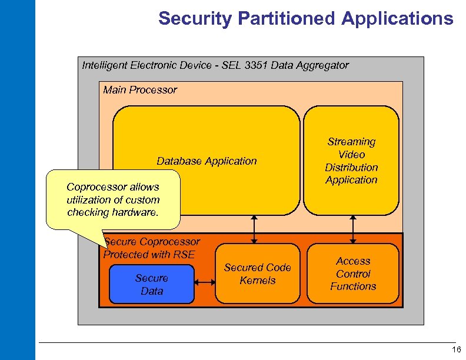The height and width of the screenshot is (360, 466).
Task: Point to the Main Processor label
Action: pos(140,90)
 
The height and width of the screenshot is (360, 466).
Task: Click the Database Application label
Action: pos(207,161)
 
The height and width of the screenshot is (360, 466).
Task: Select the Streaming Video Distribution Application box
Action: pos(351,161)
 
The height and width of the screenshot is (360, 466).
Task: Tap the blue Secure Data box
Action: pos(152,285)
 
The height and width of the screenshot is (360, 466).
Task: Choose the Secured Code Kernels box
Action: pos(258,274)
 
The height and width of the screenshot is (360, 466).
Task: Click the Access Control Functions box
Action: pos(353,274)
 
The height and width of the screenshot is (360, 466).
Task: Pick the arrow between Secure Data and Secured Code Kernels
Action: pos(205,283)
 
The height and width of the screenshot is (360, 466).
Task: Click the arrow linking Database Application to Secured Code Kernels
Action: pos(254,229)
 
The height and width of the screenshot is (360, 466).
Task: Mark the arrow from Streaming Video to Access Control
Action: pos(352,229)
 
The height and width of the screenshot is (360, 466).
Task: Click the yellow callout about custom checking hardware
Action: pos(113,200)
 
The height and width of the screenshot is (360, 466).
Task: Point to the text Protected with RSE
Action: pos(149,254)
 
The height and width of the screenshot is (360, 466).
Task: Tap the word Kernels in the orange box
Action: pos(258,281)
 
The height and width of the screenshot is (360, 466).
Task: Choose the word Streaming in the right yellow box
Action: pos(351,142)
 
